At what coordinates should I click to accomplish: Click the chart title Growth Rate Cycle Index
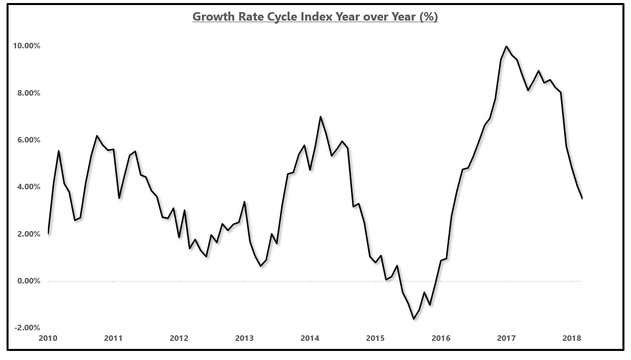pyautogui.click(x=315, y=17)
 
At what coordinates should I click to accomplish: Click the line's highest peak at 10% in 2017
pyautogui.click(x=506, y=46)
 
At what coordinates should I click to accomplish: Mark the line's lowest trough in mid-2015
pyautogui.click(x=413, y=319)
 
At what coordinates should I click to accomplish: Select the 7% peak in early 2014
pyautogui.click(x=320, y=116)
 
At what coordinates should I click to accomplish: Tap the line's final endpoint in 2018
pyautogui.click(x=582, y=198)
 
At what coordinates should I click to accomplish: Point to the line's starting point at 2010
pyautogui.click(x=48, y=233)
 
